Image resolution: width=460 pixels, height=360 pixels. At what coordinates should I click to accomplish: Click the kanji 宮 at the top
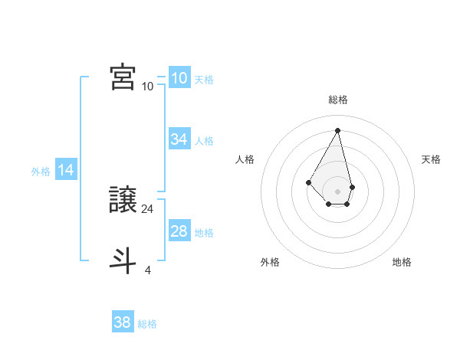click(x=123, y=77)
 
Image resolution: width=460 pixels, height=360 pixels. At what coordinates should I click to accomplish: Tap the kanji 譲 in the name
click(x=123, y=201)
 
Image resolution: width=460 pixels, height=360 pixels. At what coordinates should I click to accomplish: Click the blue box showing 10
click(x=179, y=78)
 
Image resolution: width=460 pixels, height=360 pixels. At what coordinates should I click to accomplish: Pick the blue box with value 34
click(x=179, y=139)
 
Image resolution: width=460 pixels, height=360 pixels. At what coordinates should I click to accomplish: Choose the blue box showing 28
click(x=179, y=231)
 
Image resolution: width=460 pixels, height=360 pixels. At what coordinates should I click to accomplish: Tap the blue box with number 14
click(x=66, y=171)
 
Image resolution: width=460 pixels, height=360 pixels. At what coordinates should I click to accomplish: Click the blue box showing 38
click(x=123, y=322)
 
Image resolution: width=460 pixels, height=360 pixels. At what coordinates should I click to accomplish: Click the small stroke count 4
click(x=147, y=270)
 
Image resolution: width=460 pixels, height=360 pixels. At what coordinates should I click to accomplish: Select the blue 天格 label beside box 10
click(x=204, y=80)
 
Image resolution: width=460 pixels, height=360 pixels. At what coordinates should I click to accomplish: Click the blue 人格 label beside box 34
click(x=204, y=141)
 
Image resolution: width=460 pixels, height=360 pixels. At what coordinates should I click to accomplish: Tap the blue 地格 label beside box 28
click(x=204, y=233)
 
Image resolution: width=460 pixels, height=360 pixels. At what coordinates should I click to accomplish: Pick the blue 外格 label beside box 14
click(x=41, y=172)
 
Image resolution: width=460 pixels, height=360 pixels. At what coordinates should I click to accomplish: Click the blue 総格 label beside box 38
click(x=147, y=324)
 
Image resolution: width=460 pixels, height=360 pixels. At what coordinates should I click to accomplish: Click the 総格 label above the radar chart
click(x=338, y=100)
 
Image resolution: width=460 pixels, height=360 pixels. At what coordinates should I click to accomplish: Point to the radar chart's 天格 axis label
click(x=432, y=159)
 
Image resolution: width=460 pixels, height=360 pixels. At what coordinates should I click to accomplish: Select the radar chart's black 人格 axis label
click(x=245, y=159)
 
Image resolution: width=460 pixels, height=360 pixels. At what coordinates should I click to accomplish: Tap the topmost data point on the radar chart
click(x=338, y=130)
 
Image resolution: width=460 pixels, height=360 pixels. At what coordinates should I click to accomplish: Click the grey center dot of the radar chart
click(x=338, y=191)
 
